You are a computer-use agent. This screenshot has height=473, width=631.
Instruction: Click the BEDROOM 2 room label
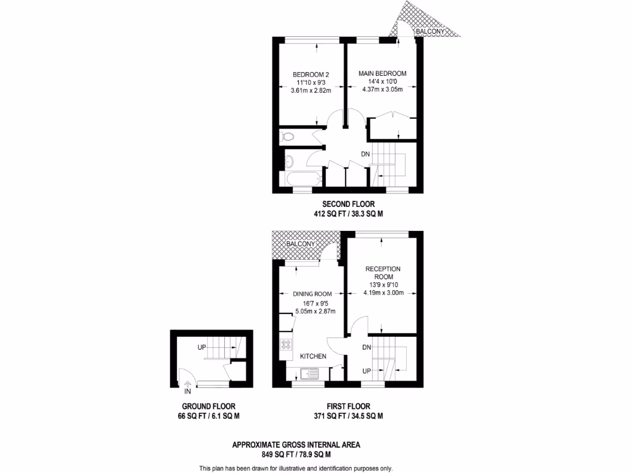point(311,75)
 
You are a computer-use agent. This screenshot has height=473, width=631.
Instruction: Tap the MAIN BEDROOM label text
point(383,73)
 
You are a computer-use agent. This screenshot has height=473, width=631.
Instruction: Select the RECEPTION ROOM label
point(383,273)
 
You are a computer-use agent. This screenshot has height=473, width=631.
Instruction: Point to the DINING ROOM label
point(313,294)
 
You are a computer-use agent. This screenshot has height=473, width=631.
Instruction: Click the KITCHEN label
point(313,356)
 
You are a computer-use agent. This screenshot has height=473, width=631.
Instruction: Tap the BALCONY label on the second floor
point(428,30)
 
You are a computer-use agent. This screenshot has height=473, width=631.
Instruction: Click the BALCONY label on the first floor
point(300,245)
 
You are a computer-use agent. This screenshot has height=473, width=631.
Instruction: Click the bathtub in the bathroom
point(300,179)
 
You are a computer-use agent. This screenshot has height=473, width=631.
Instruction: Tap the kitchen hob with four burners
point(287,345)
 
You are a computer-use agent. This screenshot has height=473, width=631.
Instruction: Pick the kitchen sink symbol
point(307,373)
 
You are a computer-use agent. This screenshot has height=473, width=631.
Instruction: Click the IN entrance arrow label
point(187,390)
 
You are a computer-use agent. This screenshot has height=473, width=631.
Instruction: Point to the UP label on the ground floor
point(202,348)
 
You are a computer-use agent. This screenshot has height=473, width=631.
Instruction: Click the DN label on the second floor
point(365,154)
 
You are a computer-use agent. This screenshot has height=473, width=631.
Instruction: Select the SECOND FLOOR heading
point(348,204)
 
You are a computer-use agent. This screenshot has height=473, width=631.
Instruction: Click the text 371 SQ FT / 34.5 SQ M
point(348,416)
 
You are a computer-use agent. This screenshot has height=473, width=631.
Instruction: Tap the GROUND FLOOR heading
point(208,406)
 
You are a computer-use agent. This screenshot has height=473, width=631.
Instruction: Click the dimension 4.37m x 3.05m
point(383,89)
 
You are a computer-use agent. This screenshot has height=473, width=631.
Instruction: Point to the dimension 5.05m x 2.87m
point(315,311)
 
